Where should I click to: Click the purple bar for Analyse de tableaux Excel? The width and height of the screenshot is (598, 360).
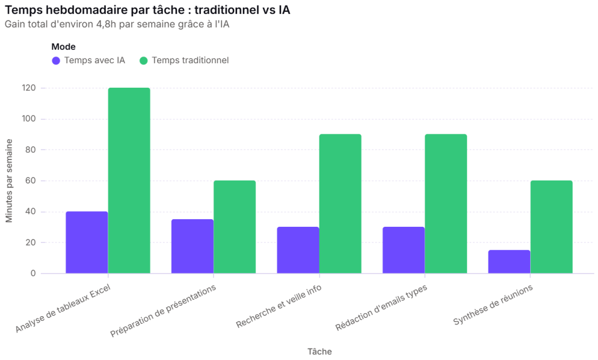87,243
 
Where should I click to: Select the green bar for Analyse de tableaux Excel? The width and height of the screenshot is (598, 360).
129,181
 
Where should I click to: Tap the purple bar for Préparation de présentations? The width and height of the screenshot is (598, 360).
193,246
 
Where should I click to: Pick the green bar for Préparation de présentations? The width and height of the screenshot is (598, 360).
235,227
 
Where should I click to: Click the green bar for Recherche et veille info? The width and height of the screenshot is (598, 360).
340,204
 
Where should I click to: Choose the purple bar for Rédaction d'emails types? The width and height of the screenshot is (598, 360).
404,250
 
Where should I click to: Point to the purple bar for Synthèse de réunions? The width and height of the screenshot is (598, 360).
509,262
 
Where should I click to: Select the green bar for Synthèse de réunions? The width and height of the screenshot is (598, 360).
551,227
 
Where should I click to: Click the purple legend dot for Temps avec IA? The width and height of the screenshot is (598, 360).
56,61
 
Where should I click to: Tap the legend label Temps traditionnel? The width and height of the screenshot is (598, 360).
190,60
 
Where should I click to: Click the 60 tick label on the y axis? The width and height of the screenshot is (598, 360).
31,181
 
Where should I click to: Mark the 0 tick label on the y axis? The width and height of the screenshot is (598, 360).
33,274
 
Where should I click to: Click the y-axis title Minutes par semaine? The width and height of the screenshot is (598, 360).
9,181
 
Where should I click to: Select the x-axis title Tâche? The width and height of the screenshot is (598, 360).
319,352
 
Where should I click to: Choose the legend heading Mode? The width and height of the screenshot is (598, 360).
63,47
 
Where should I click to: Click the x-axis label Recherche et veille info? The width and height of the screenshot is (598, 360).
279,306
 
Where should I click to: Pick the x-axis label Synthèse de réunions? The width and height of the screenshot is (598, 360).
493,305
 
